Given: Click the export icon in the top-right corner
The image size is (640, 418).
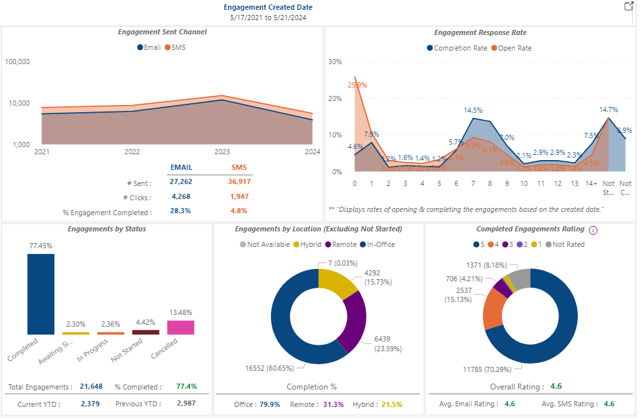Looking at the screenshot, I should (x=628, y=6).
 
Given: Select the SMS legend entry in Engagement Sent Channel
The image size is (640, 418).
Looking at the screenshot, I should (x=175, y=47).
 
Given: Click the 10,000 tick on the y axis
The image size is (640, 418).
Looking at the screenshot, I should (x=18, y=103).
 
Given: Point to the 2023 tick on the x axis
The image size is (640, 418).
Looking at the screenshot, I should (x=222, y=152).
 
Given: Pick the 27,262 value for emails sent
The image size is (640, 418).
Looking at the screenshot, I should (x=181, y=181).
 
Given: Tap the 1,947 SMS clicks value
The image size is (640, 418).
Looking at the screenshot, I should (x=239, y=197).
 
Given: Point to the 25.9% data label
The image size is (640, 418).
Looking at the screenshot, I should (x=357, y=85).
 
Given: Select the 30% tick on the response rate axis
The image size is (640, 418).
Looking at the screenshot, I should (x=335, y=62).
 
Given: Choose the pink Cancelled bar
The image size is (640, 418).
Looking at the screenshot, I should (x=181, y=327).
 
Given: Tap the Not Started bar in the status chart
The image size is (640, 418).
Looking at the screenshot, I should (x=145, y=332).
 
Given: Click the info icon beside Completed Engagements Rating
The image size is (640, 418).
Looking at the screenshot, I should (x=593, y=229).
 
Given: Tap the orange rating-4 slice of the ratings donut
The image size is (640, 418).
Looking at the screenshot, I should (x=494, y=308).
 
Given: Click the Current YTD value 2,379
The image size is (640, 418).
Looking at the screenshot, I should (x=91, y=404).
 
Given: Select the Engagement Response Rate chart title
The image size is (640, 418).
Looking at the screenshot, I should (x=480, y=32).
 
